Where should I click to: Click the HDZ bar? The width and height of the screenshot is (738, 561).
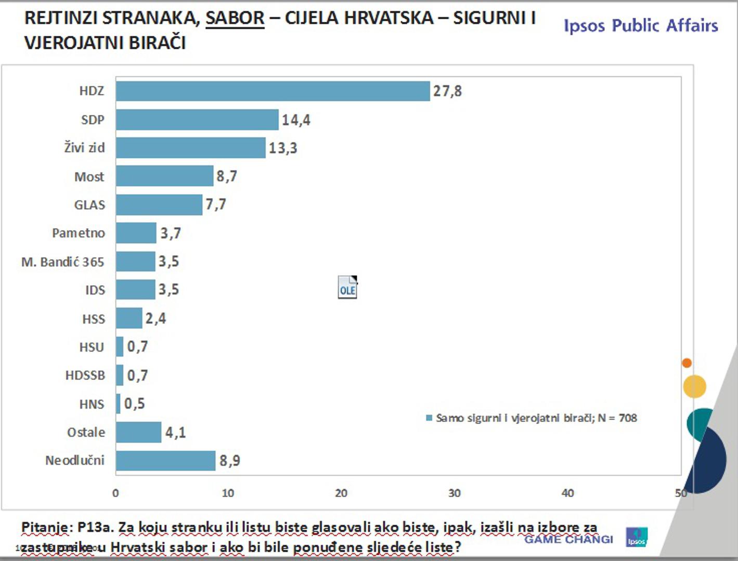point(273,91)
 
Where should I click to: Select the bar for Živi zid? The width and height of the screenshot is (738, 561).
point(190,148)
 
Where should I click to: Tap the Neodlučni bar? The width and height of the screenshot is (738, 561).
point(165,461)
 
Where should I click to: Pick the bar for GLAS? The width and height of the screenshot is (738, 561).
point(159,205)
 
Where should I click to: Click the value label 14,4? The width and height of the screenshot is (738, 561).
point(296,120)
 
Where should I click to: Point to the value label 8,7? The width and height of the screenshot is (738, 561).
point(227,176)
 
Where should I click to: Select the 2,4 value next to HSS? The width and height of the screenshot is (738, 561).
point(156,318)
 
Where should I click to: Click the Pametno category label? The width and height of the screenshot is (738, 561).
point(79,233)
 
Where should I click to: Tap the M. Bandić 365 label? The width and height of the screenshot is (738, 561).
point(63,262)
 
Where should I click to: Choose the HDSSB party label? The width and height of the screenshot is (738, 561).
point(85,375)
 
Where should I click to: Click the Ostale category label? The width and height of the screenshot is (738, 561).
point(86,432)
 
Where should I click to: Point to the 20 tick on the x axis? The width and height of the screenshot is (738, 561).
point(341,493)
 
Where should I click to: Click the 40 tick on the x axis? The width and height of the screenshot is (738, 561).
point(567,493)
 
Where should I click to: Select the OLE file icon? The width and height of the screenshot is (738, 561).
point(347,287)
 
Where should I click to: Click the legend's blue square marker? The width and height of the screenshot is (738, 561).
point(429,418)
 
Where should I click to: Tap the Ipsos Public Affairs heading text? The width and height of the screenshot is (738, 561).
point(641,25)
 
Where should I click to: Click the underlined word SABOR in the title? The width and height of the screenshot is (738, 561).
point(235,18)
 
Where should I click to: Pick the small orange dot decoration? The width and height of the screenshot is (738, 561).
point(687,363)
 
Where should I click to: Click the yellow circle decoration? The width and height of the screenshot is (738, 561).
point(694,386)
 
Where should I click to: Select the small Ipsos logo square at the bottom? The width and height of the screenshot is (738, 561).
point(637,537)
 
